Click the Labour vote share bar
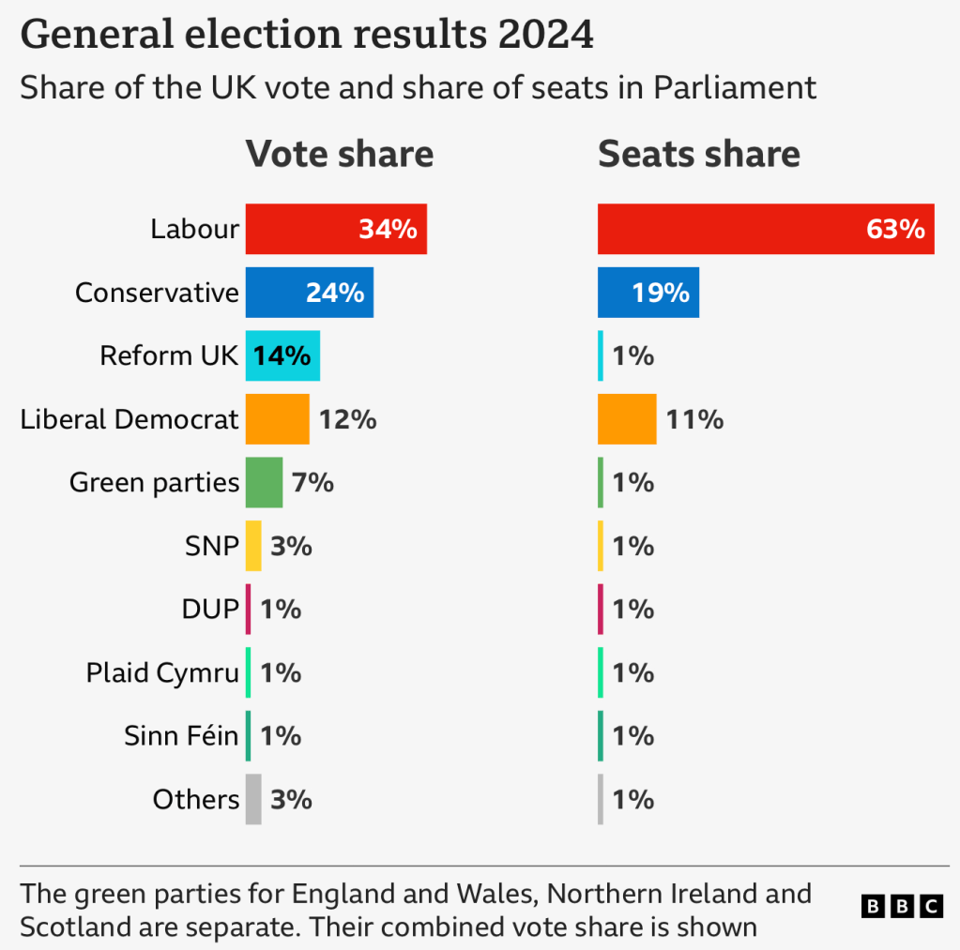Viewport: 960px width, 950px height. (336, 229)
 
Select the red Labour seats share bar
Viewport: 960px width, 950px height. (766, 229)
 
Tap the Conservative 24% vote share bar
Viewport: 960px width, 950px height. (309, 293)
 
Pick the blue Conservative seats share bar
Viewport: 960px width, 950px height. (648, 293)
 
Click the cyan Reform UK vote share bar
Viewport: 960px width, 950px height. (282, 356)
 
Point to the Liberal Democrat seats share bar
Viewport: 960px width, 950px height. (627, 419)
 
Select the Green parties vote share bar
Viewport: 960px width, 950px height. (264, 483)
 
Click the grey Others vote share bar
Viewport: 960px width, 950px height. (253, 800)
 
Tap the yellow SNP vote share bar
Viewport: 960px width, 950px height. (253, 546)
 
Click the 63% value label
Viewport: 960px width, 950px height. (895, 230)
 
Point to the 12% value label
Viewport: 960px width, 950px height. (348, 419)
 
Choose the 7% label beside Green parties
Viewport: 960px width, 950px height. (312, 483)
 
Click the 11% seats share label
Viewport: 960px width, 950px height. (695, 419)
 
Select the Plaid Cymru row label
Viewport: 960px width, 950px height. (162, 673)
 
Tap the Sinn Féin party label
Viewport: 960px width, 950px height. (181, 735)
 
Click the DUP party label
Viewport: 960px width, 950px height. (210, 610)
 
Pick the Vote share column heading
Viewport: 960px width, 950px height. (340, 154)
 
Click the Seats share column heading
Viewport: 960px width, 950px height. (699, 154)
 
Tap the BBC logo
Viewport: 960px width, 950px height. (902, 906)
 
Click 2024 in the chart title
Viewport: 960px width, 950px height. (545, 34)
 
